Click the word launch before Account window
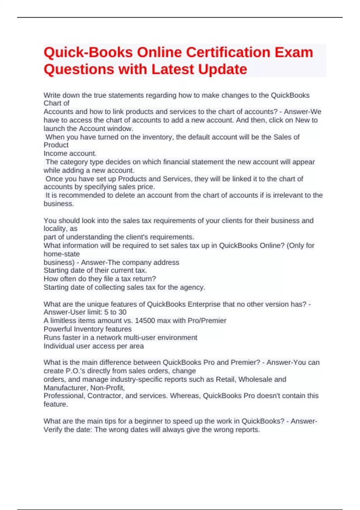click(54, 129)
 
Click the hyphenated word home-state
click(61, 254)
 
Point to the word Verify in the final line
click(53, 430)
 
